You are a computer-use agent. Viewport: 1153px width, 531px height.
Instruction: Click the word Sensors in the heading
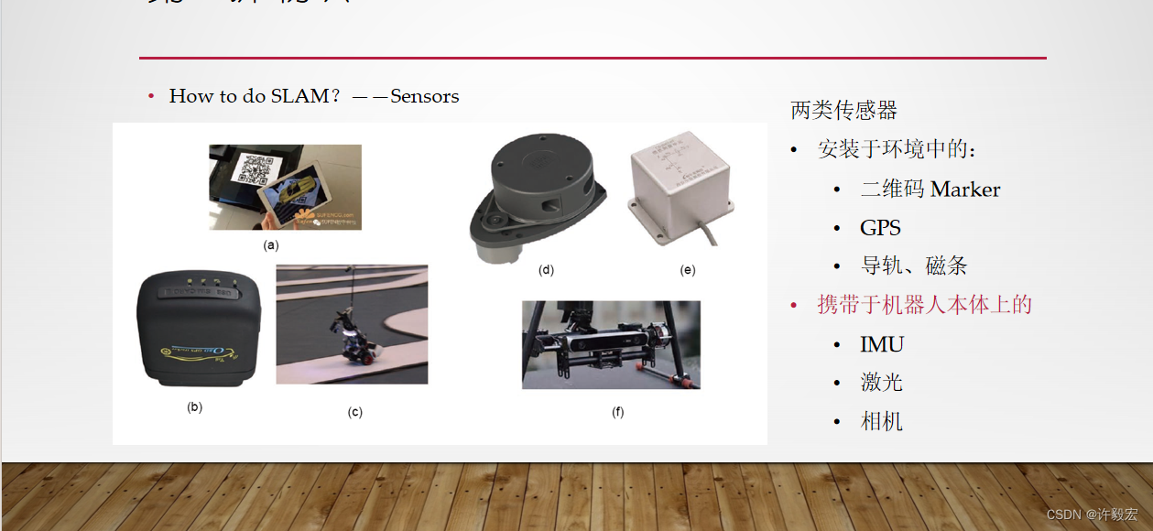424,96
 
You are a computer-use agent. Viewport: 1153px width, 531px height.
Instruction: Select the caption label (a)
270,245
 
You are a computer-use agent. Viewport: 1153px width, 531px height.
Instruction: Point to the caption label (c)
354,412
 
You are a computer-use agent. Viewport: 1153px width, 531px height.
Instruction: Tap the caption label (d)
547,270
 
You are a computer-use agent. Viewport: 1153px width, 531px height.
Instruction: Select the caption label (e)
688,270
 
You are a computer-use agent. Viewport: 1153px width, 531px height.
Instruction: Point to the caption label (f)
618,412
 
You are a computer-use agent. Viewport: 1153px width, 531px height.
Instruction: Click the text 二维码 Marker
930,190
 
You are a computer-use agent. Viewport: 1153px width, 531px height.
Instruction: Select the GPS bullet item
880,228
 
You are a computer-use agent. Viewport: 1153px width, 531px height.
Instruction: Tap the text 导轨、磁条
913,266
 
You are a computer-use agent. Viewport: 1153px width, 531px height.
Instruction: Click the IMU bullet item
882,344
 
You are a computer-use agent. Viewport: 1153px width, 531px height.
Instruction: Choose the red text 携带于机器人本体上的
924,305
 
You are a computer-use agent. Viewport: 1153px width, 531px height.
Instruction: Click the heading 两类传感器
843,111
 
